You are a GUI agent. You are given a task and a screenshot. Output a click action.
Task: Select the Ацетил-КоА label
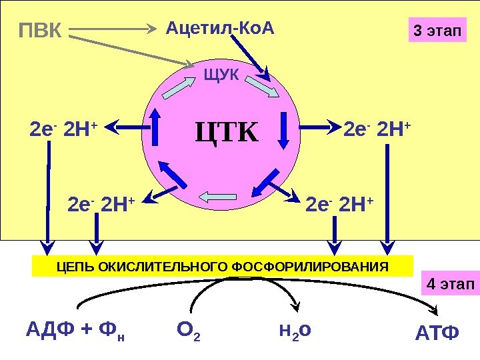[219, 28]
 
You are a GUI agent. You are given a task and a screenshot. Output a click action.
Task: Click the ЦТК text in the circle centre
[227, 131]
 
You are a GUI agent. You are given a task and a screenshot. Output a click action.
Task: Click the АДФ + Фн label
[75, 329]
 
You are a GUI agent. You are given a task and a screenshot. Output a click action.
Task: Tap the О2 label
[189, 329]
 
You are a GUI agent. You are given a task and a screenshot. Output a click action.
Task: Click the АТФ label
[437, 332]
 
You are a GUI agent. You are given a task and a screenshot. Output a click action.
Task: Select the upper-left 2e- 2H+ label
[63, 127]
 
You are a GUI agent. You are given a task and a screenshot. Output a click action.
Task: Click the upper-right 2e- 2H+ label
[377, 127]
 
